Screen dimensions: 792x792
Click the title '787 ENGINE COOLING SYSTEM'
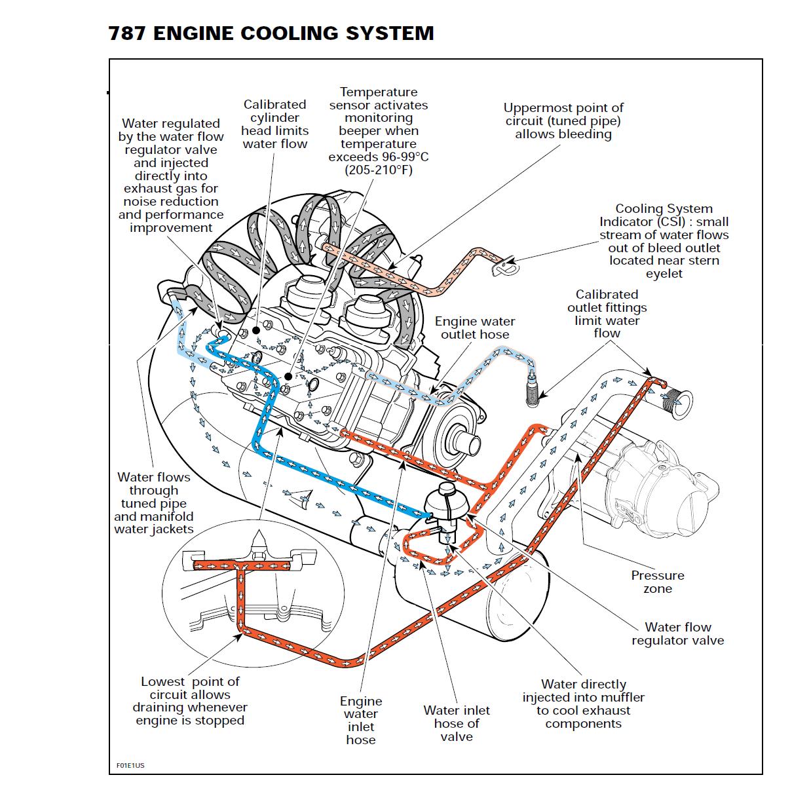pyautogui.click(x=271, y=33)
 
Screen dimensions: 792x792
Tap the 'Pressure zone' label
pyautogui.click(x=657, y=582)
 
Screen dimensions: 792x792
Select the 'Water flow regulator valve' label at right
pyautogui.click(x=677, y=633)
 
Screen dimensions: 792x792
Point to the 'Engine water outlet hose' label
pyautogui.click(x=474, y=328)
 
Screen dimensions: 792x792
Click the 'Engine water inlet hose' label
pyautogui.click(x=361, y=720)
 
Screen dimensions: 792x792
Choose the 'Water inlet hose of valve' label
pyautogui.click(x=456, y=723)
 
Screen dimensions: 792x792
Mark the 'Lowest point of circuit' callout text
pyautogui.click(x=190, y=701)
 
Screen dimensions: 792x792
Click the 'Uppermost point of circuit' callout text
pyautogui.click(x=563, y=121)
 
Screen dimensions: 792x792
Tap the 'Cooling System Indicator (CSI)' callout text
pyautogui.click(x=664, y=240)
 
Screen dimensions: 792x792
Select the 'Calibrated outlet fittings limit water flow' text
pyautogui.click(x=607, y=314)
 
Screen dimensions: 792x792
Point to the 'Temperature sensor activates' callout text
pyautogui.click(x=378, y=131)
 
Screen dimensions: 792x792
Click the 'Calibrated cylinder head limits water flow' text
pyautogui.click(x=274, y=124)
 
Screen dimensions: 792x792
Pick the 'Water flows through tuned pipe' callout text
pyautogui.click(x=154, y=503)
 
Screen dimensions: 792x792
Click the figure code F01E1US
pyautogui.click(x=130, y=765)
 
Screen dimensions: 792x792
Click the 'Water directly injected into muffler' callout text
pyautogui.click(x=583, y=704)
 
